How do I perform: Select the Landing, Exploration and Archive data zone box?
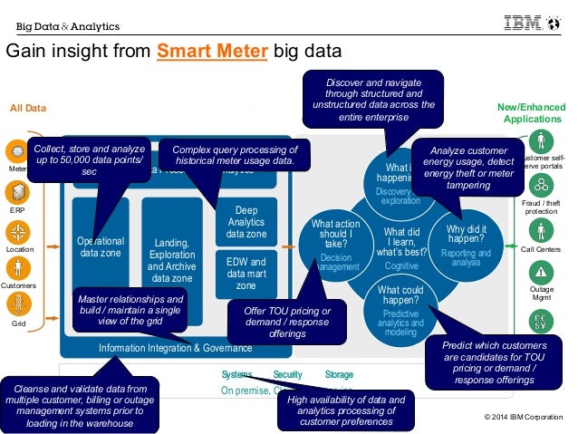pyautogui.click(x=171, y=260)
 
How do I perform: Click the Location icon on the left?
pyautogui.click(x=17, y=229)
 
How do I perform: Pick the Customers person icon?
pyautogui.click(x=17, y=268)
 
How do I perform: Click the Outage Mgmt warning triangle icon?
pyautogui.click(x=540, y=271)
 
